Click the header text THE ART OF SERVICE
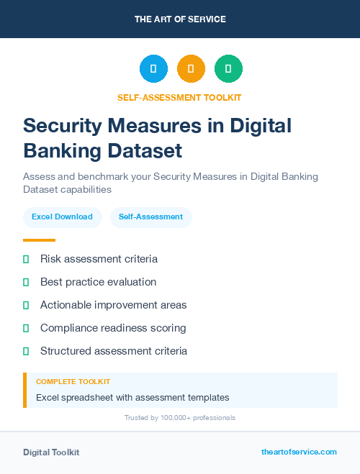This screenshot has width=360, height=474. [180, 19]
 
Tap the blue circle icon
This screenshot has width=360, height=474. [153, 69]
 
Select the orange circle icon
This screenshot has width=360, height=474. [191, 69]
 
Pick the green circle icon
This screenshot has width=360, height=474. [228, 69]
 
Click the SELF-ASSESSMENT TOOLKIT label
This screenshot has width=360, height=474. [180, 97]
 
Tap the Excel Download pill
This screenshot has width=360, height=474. [62, 217]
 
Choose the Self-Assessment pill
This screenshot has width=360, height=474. [150, 217]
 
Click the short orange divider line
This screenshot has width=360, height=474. [39, 240]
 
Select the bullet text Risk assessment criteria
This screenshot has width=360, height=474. [99, 259]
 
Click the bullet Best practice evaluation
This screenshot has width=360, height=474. [98, 282]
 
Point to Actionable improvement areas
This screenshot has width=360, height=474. [113, 305]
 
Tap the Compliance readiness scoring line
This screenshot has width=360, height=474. [113, 328]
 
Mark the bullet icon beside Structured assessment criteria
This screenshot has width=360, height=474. [26, 351]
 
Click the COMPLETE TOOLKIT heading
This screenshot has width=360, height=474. [73, 382]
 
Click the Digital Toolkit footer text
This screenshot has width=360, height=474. [51, 452]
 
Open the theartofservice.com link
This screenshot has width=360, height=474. [299, 452]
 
